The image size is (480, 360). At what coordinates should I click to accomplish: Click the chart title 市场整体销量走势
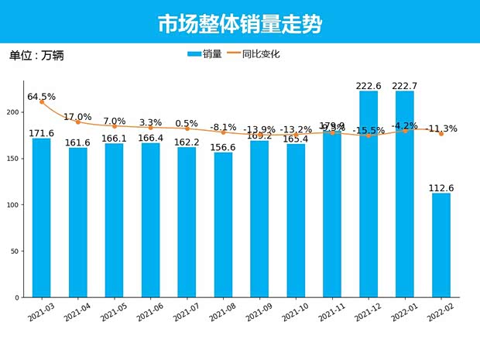(240, 24)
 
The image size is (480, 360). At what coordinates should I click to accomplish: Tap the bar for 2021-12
(369, 194)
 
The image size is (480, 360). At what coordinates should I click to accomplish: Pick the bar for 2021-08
(223, 225)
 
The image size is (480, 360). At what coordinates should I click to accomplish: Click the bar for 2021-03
(42, 218)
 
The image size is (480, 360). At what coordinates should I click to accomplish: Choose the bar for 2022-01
(405, 194)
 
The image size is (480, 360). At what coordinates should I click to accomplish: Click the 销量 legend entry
(204, 54)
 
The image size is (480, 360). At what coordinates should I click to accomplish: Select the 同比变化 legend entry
(251, 54)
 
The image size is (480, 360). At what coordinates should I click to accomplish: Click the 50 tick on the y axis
(15, 252)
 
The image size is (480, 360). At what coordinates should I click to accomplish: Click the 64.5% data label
(41, 97)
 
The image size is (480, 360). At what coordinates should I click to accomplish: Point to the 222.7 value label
(405, 85)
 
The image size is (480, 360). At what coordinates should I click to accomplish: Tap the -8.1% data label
(223, 127)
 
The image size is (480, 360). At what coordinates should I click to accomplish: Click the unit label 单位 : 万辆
(36, 56)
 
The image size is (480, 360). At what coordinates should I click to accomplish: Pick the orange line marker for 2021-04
(78, 122)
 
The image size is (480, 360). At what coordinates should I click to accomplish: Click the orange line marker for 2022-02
(441, 134)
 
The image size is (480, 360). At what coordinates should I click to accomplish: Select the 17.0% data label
(77, 117)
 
